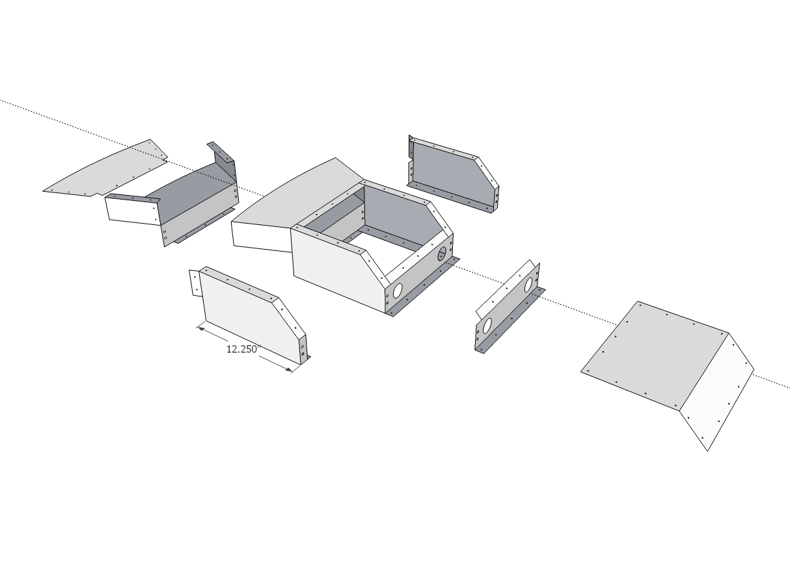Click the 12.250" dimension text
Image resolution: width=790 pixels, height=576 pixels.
pos(243,349)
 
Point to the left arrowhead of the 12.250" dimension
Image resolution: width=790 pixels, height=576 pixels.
pos(201,329)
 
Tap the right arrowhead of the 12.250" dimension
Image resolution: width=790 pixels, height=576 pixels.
pos(288,369)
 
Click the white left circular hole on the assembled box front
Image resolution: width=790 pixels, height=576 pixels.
pos(397,291)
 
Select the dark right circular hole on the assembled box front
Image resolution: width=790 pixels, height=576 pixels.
pos(442,254)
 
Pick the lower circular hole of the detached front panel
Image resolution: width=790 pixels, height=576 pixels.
pos(487,326)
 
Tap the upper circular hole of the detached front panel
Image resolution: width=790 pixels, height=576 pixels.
pos(528,285)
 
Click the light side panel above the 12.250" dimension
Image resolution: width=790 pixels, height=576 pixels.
pos(252,315)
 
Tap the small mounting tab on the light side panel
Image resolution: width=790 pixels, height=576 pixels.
pos(195,283)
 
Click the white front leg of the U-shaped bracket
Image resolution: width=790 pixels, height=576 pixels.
pos(133,211)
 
